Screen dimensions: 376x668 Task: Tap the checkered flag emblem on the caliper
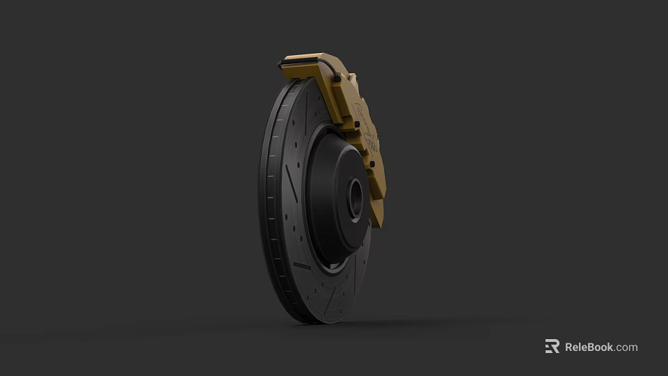point(372,143)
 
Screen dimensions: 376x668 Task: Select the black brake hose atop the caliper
point(306,63)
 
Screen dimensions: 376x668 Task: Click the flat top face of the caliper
point(313,57)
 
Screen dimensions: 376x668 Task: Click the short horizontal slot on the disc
point(302,265)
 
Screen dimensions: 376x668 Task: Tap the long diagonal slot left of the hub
point(291,184)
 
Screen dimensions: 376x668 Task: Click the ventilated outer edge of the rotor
point(268,209)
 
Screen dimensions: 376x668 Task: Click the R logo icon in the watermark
point(552,347)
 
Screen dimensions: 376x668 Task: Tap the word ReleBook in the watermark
point(589,347)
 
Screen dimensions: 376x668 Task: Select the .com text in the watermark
point(626,347)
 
